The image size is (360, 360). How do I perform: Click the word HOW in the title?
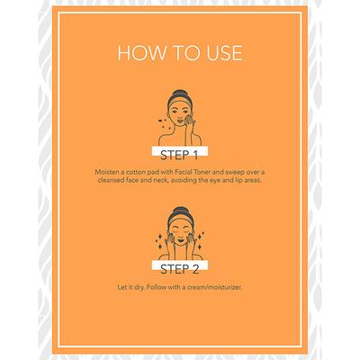[141, 53]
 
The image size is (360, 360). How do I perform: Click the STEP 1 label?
[179, 155]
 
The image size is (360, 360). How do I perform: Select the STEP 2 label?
[179, 269]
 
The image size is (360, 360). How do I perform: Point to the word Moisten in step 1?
[106, 172]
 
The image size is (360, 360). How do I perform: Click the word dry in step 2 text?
[140, 287]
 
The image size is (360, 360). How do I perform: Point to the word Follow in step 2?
[157, 287]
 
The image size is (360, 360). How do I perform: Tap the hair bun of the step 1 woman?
[179, 93]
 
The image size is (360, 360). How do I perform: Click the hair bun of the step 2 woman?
[180, 211]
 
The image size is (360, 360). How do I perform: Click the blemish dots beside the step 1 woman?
[165, 124]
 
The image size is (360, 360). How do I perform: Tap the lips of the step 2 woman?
[180, 240]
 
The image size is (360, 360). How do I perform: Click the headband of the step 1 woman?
[180, 102]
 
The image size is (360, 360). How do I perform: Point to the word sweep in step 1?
[236, 173]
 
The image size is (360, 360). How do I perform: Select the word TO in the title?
[184, 53]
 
